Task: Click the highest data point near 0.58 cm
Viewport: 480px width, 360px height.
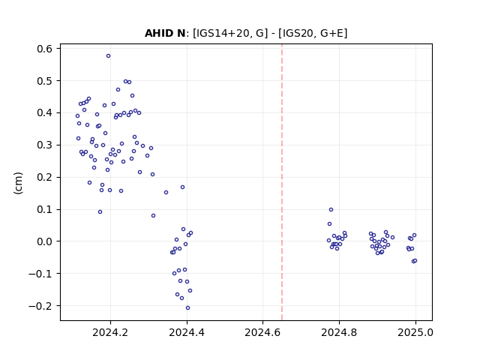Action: coord(108,56)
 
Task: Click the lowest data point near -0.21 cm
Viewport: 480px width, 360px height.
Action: coord(187,308)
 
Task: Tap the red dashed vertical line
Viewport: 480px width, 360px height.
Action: coord(282,182)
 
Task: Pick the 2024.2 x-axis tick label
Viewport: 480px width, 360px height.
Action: coord(110,332)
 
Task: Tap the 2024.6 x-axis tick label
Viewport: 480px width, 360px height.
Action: coord(262,332)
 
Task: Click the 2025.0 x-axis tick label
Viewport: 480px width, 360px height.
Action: coord(415,332)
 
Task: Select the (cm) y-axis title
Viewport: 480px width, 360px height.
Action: coord(18,183)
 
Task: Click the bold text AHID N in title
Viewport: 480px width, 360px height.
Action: coord(165,33)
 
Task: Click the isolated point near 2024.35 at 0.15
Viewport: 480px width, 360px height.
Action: coord(166,193)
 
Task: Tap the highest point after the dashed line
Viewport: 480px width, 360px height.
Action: coord(331,210)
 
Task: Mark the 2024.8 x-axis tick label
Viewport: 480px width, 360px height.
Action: coord(339,332)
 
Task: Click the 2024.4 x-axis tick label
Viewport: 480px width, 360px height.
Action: coord(187,332)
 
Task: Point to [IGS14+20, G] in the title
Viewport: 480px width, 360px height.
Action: coord(230,33)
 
